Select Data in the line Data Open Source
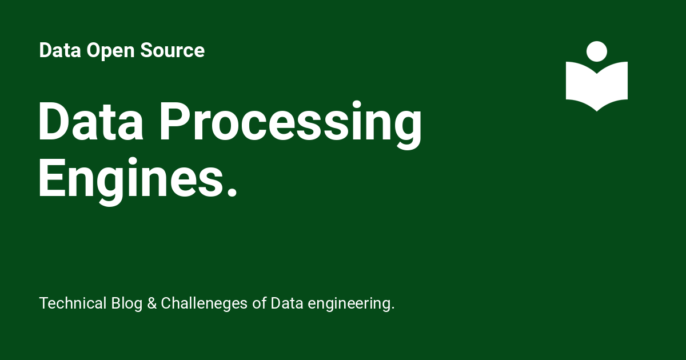pyautogui.click(x=61, y=51)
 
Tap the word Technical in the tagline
pyautogui.click(x=73, y=303)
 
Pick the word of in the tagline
pyautogui.click(x=260, y=303)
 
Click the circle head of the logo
pyautogui.click(x=597, y=51)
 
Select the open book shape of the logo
pyautogui.click(x=597, y=86)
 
